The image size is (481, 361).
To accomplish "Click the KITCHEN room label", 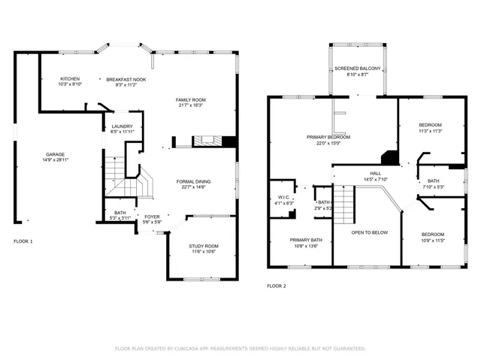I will click(70, 78).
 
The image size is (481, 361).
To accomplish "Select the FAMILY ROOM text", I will click(191, 99).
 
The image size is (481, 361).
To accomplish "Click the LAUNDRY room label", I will click(122, 126).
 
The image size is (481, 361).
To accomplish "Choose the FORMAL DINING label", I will click(193, 181).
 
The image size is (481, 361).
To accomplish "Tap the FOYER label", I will click(153, 217).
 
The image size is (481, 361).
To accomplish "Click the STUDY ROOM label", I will click(203, 246).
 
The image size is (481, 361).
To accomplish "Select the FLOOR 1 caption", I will click(23, 241).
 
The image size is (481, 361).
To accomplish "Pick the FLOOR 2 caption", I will click(276, 286).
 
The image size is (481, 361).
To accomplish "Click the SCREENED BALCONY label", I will click(357, 68).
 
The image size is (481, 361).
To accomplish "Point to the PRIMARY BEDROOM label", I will click(328, 137).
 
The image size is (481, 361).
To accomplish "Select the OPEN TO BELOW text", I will click(371, 232).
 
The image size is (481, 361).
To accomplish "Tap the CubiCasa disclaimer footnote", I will click(240, 348).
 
